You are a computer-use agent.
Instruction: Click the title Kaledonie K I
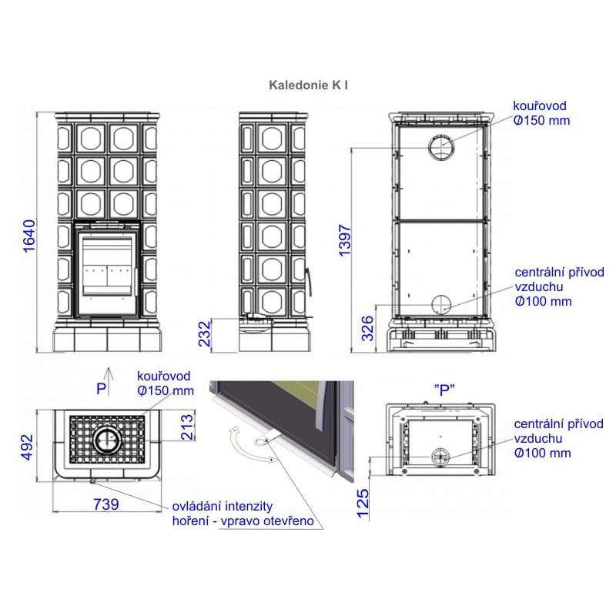click(x=309, y=85)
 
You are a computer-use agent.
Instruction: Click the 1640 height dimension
click(x=29, y=236)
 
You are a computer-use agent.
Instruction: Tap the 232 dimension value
click(x=205, y=333)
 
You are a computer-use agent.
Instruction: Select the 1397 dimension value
click(x=344, y=240)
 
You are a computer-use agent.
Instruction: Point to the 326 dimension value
click(x=367, y=328)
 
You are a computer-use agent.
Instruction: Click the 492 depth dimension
click(x=27, y=447)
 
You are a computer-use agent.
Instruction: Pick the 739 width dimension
click(x=106, y=504)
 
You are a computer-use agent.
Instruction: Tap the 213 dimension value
click(x=187, y=427)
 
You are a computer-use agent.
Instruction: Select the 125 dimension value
click(x=363, y=504)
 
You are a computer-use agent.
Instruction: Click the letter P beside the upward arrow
click(x=102, y=389)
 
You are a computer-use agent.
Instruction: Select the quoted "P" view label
click(x=444, y=390)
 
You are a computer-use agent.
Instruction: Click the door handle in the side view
click(x=310, y=282)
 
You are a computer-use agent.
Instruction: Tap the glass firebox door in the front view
click(x=107, y=273)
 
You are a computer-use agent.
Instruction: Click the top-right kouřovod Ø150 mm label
click(x=541, y=113)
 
